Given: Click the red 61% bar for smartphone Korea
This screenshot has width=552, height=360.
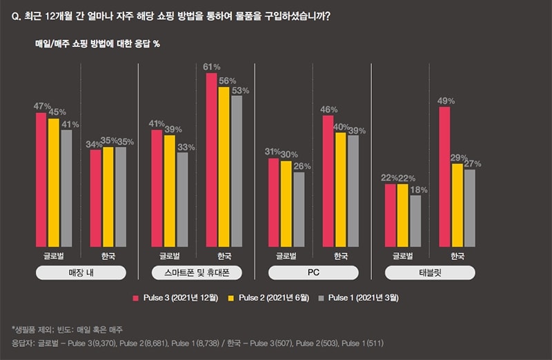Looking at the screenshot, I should [x=211, y=160].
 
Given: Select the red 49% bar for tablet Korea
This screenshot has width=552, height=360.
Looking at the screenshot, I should [x=445, y=177].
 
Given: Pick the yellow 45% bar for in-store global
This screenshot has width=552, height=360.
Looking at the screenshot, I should [x=53, y=182].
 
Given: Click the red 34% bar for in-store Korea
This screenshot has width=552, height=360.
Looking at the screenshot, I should [x=95, y=198].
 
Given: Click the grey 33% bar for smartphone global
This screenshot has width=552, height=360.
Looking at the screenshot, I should [x=182, y=199].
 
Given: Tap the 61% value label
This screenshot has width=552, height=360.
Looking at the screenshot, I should [x=211, y=67].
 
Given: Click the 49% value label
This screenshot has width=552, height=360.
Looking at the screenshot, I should [x=445, y=101].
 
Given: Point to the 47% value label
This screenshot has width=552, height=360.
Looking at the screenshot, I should [x=41, y=106].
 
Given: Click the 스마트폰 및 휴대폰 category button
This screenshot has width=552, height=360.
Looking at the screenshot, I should [x=197, y=273].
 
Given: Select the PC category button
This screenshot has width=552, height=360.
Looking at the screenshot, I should [x=313, y=273].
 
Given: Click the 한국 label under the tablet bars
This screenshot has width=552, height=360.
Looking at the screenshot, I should [x=457, y=256].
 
